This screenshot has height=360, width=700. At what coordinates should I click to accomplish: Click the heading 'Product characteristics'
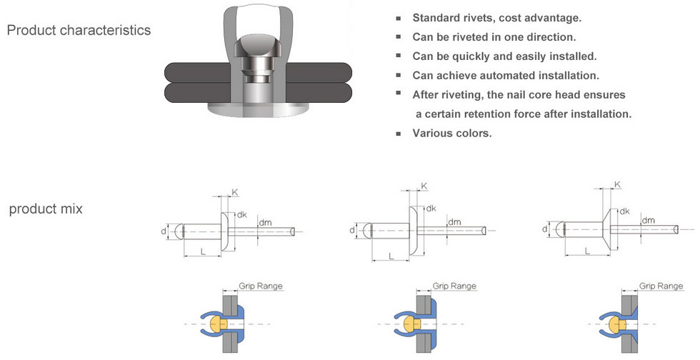click(x=79, y=30)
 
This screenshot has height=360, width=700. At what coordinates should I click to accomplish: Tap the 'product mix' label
click(x=46, y=209)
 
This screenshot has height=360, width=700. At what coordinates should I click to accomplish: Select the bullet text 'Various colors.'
click(x=451, y=133)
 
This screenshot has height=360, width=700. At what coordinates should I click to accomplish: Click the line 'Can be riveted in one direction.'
click(x=494, y=37)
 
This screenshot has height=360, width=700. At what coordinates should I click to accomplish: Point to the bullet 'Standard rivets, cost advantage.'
click(x=497, y=18)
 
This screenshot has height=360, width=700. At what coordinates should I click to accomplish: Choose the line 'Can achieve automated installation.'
click(x=506, y=76)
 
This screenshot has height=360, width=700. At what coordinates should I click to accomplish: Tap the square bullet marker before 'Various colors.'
click(x=399, y=134)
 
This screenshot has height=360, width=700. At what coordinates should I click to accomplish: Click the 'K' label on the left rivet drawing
click(x=235, y=192)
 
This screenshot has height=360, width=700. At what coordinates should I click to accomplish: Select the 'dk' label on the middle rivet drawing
click(x=431, y=208)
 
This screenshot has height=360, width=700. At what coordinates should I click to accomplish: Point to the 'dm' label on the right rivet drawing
click(x=649, y=220)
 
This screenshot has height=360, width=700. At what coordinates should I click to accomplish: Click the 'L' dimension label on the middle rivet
click(x=391, y=256)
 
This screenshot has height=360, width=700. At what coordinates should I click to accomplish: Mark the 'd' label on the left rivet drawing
click(x=164, y=231)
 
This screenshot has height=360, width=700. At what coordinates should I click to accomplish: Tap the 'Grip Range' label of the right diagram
click(x=661, y=286)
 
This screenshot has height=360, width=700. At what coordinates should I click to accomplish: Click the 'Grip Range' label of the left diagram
click(x=260, y=286)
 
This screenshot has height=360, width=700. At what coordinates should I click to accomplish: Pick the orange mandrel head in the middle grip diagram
click(x=411, y=324)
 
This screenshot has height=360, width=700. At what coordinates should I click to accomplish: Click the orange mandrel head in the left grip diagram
click(x=217, y=324)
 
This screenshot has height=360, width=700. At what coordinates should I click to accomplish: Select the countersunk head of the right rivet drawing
click(x=607, y=229)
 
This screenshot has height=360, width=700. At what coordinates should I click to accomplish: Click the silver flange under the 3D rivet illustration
click(x=258, y=109)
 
